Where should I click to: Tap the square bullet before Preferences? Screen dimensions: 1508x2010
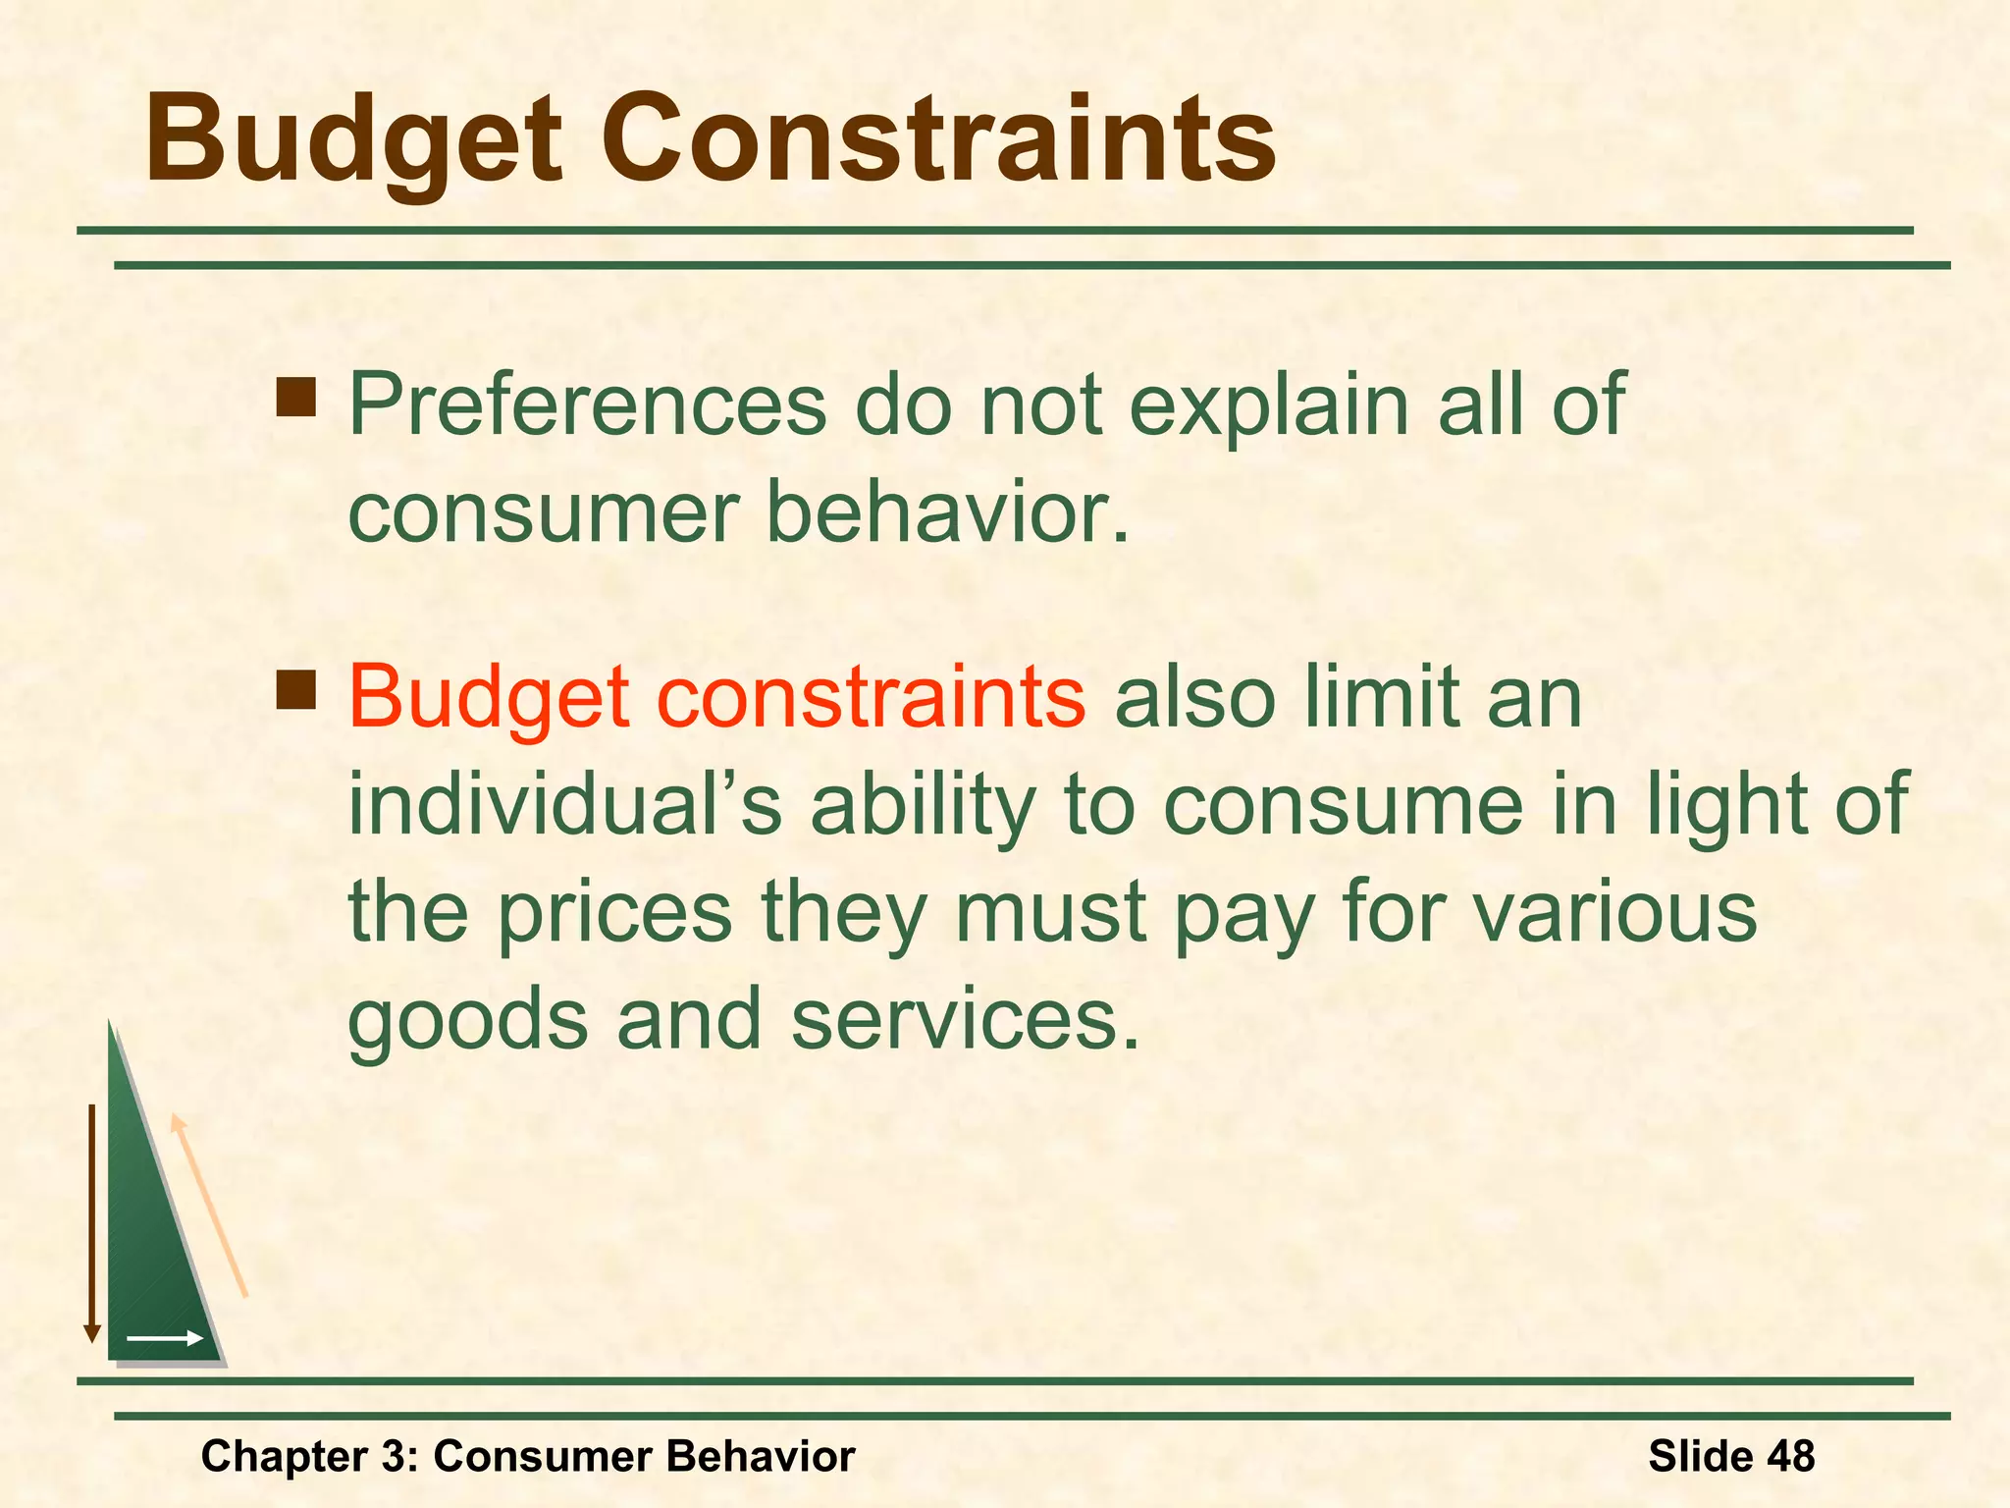[x=295, y=399]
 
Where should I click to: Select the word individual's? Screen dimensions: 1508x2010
[x=564, y=805]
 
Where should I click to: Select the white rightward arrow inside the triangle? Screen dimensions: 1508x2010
[x=165, y=1338]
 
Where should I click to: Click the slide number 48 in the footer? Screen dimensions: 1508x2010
[x=1790, y=1456]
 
